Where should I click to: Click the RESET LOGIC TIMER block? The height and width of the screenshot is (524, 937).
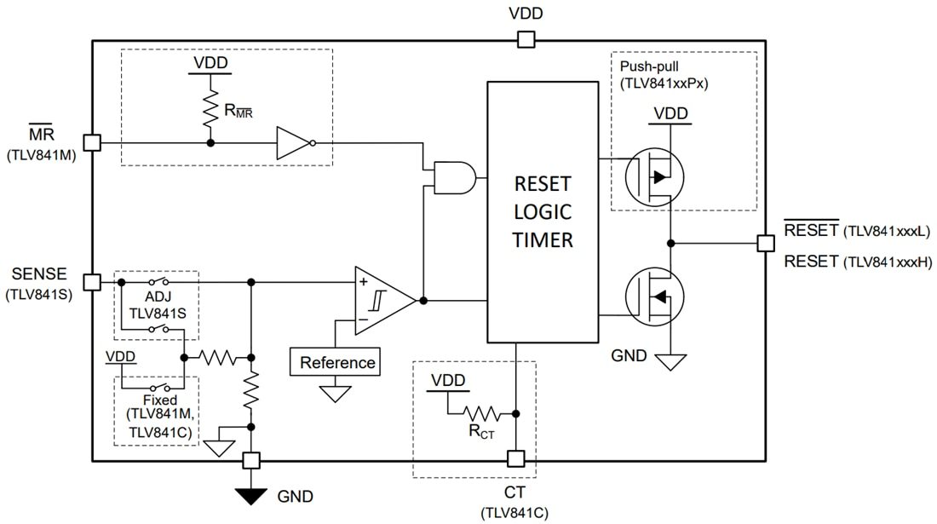point(542,211)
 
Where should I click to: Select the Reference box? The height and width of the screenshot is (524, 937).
point(336,362)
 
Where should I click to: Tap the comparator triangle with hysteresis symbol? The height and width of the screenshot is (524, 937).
point(383,300)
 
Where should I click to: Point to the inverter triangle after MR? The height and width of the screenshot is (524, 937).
point(292,143)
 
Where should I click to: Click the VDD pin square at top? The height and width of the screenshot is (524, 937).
point(526,39)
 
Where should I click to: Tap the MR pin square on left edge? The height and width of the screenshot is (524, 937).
point(92,143)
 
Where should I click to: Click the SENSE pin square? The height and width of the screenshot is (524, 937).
point(92,282)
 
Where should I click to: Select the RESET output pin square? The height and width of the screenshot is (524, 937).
point(764,244)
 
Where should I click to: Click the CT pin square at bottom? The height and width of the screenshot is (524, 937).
point(514,459)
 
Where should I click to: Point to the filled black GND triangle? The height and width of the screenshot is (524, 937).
point(250,494)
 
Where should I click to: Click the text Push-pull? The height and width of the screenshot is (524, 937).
point(648,66)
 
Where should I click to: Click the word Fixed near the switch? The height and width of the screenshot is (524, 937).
point(160,400)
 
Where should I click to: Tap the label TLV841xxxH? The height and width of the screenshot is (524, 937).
point(887,262)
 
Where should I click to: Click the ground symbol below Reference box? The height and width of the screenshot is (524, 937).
point(336,394)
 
